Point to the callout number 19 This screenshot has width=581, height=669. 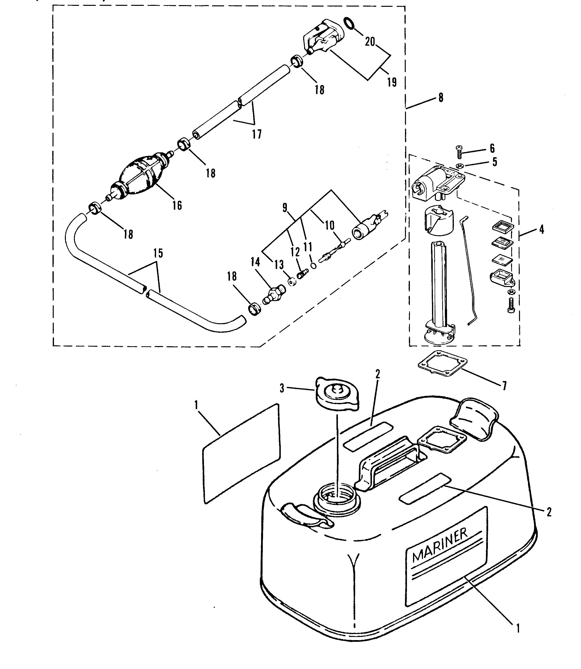(x=392, y=82)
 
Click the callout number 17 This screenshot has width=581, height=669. (x=257, y=134)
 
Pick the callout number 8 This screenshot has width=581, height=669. (x=441, y=97)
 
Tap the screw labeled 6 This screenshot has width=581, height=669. (x=459, y=152)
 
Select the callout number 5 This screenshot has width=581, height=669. (x=494, y=162)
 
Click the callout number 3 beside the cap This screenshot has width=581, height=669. (x=282, y=388)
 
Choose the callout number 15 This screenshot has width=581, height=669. (x=158, y=253)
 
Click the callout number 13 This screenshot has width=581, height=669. (x=279, y=264)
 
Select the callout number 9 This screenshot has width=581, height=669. (x=285, y=208)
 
